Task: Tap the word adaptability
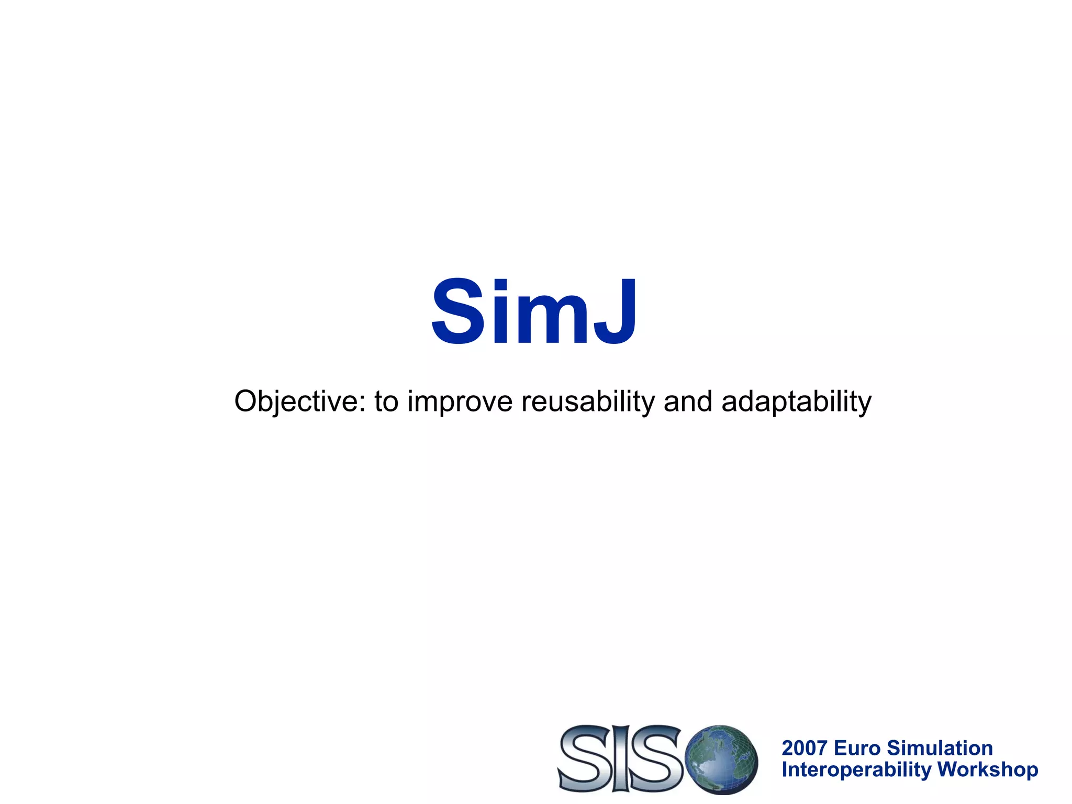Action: pyautogui.click(x=796, y=402)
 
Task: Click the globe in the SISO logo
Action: pyautogui.click(x=721, y=758)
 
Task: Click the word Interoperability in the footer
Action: pyautogui.click(x=856, y=770)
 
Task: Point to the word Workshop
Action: pyautogui.click(x=988, y=770)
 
